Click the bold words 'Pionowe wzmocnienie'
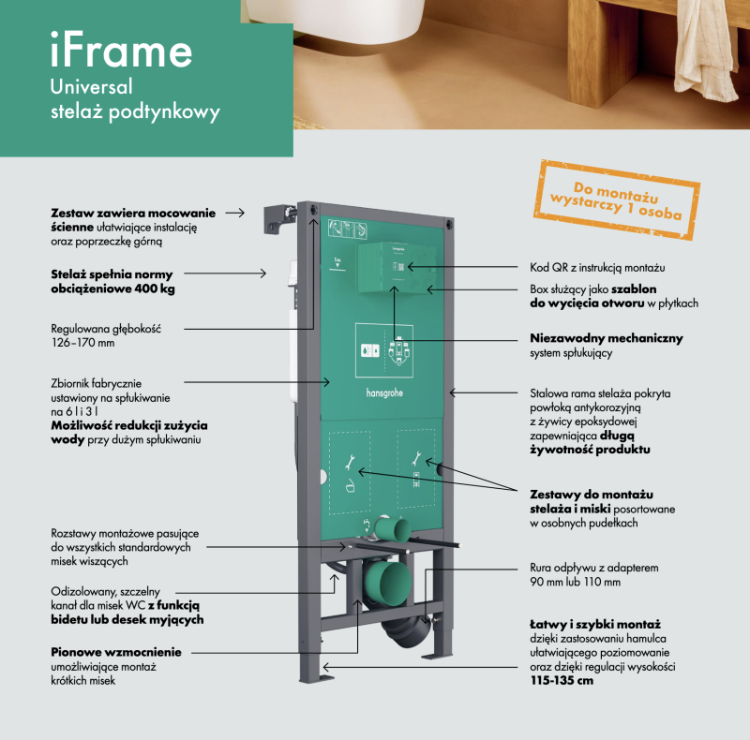[x=115, y=652]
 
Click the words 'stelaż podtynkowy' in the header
[x=135, y=113]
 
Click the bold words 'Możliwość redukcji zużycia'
[x=129, y=424]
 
